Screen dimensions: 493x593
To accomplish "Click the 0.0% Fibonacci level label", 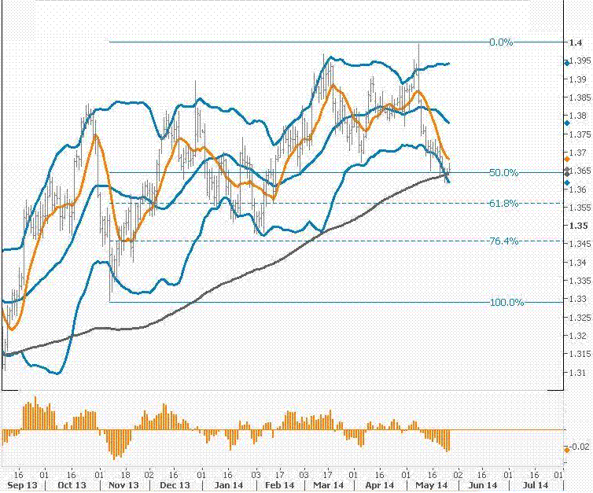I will point(500,42).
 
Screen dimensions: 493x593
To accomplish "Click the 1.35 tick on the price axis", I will point(579,226).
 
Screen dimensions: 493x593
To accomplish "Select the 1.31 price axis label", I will point(579,373).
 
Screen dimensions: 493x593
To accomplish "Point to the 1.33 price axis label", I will point(579,300).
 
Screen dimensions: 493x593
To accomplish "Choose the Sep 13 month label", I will point(17,486).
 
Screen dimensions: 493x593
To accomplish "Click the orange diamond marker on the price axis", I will point(567,160).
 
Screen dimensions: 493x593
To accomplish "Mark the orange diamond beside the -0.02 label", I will point(567,448).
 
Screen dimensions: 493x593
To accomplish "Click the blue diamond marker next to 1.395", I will point(567,62).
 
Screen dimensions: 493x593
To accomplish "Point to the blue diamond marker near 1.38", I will point(567,123).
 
